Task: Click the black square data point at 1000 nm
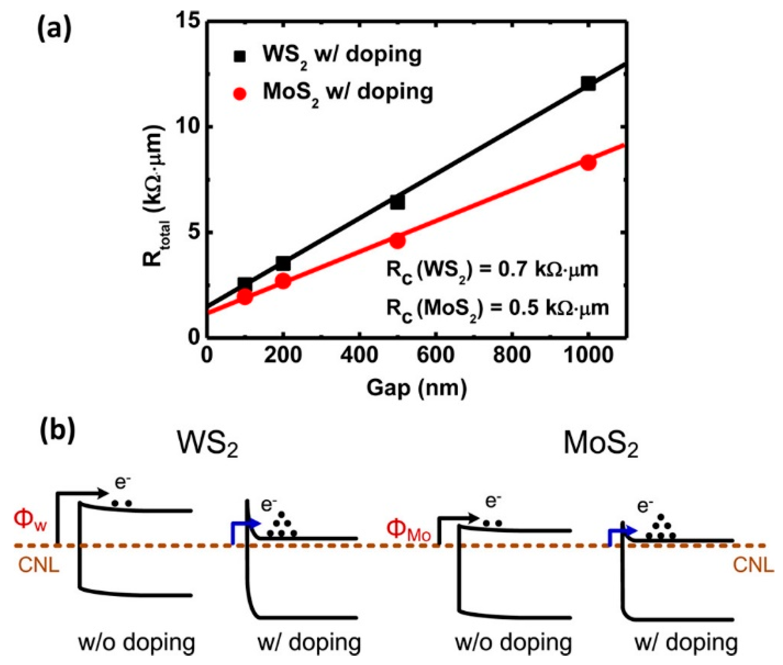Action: point(588,84)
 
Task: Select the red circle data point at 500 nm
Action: point(398,241)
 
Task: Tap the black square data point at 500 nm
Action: point(397,202)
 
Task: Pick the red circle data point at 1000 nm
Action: point(588,163)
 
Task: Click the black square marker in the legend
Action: point(240,56)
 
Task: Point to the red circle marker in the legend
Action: point(240,94)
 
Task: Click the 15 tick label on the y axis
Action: point(188,21)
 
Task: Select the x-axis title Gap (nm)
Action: point(416,388)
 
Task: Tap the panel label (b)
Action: point(58,432)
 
